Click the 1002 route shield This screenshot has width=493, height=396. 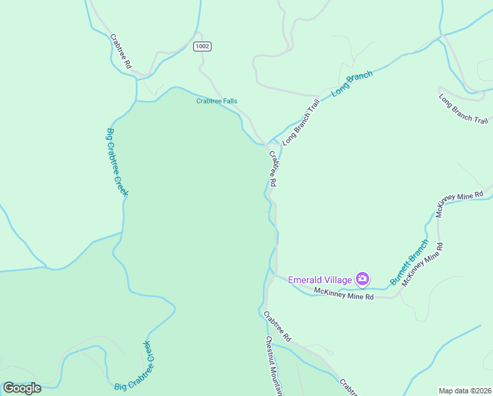pyautogui.click(x=202, y=46)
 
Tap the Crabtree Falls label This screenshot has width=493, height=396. pyautogui.click(x=217, y=101)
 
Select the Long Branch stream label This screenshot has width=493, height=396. pyautogui.click(x=352, y=84)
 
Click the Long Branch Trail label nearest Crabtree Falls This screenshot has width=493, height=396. pyautogui.click(x=301, y=122)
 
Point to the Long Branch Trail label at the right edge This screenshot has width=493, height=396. pyautogui.click(x=463, y=109)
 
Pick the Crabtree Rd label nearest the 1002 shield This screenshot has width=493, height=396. pyautogui.click(x=121, y=52)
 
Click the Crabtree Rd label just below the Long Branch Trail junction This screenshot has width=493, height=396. pyautogui.click(x=272, y=169)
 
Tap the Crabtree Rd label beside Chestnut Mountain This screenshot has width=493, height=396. pyautogui.click(x=277, y=326)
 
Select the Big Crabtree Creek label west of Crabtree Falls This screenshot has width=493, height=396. pyautogui.click(x=117, y=162)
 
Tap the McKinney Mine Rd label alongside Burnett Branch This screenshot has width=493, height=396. pyautogui.click(x=422, y=264)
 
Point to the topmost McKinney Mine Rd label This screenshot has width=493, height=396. pyautogui.click(x=460, y=205)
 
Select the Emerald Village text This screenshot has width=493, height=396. pyautogui.click(x=320, y=279)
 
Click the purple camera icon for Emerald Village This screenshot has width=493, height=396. pyautogui.click(x=362, y=279)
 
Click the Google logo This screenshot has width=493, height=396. pyautogui.click(x=22, y=388)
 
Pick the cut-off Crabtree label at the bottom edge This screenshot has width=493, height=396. pyautogui.click(x=349, y=387)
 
